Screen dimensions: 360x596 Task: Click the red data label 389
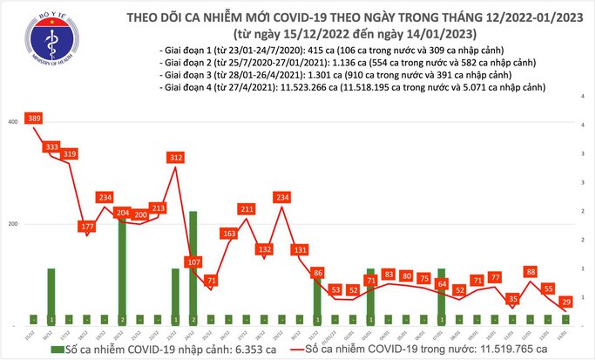[x=35, y=119]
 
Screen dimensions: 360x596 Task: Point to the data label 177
[x=86, y=227]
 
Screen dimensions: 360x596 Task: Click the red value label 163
[x=229, y=234]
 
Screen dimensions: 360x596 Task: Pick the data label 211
[x=247, y=209]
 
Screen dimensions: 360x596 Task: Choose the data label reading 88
[x=530, y=271]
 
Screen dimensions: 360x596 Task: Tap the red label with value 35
[x=512, y=298]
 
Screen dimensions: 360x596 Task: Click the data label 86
[x=317, y=273]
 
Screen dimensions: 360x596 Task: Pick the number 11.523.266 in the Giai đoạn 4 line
[x=305, y=87]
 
